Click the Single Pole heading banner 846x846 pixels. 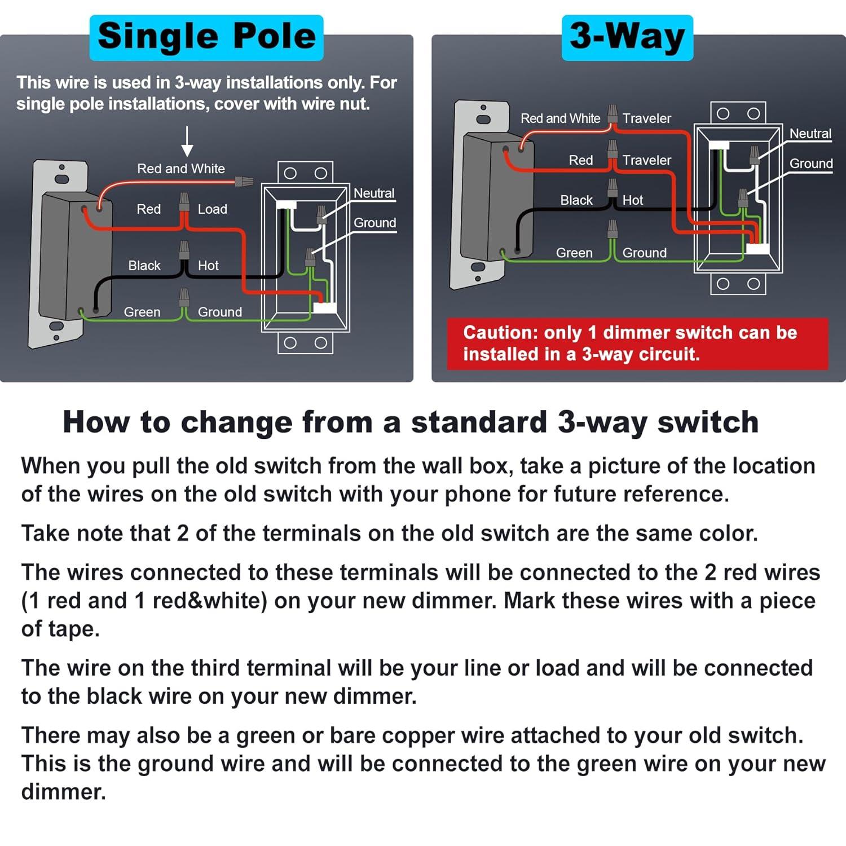coord(206,37)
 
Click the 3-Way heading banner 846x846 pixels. coord(627,37)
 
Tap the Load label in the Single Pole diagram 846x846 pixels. coord(213,209)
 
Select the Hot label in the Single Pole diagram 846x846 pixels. coord(208,266)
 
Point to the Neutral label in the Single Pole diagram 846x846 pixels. coord(374,193)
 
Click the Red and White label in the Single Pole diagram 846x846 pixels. coord(181,169)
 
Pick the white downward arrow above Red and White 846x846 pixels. coord(187,142)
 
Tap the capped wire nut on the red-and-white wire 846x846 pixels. coord(244,182)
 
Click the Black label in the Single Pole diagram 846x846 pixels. coord(144,266)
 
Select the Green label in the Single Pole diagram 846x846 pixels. coord(142,312)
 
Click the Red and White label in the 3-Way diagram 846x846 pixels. coord(561,118)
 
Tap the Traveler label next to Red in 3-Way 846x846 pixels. coord(647,160)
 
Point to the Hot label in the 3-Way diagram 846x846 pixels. coord(633,200)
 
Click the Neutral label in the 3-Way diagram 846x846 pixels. coord(810,134)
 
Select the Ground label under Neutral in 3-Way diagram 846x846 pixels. coord(811,164)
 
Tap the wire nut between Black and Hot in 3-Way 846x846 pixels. coord(613,188)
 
